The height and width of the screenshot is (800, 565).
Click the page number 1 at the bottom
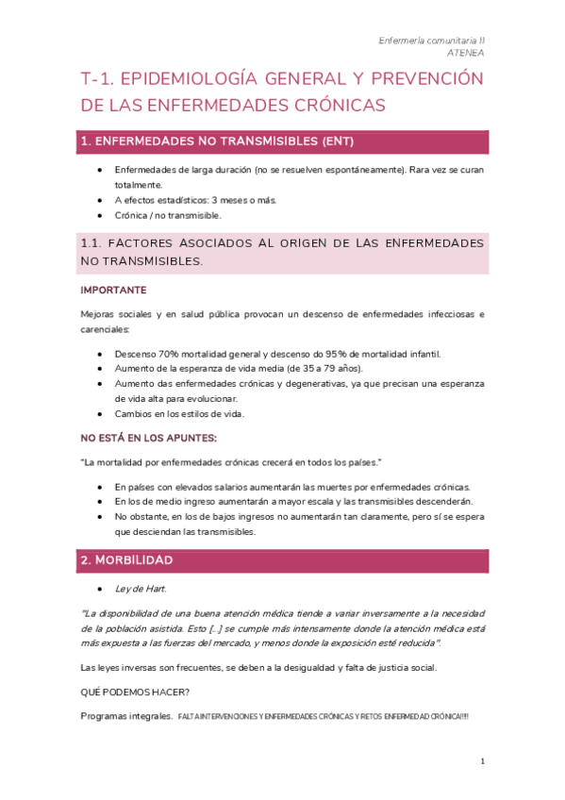(x=482, y=760)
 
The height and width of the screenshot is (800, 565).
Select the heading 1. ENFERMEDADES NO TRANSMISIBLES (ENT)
(x=218, y=142)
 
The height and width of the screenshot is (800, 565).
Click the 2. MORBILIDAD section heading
(x=126, y=560)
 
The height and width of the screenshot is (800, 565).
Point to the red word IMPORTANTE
(x=113, y=290)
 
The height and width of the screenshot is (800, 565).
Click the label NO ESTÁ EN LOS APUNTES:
(x=149, y=438)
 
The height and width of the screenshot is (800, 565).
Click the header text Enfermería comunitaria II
(x=431, y=41)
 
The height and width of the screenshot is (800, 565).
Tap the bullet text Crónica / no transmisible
(x=168, y=215)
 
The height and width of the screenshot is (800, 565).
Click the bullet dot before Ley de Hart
(x=101, y=589)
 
